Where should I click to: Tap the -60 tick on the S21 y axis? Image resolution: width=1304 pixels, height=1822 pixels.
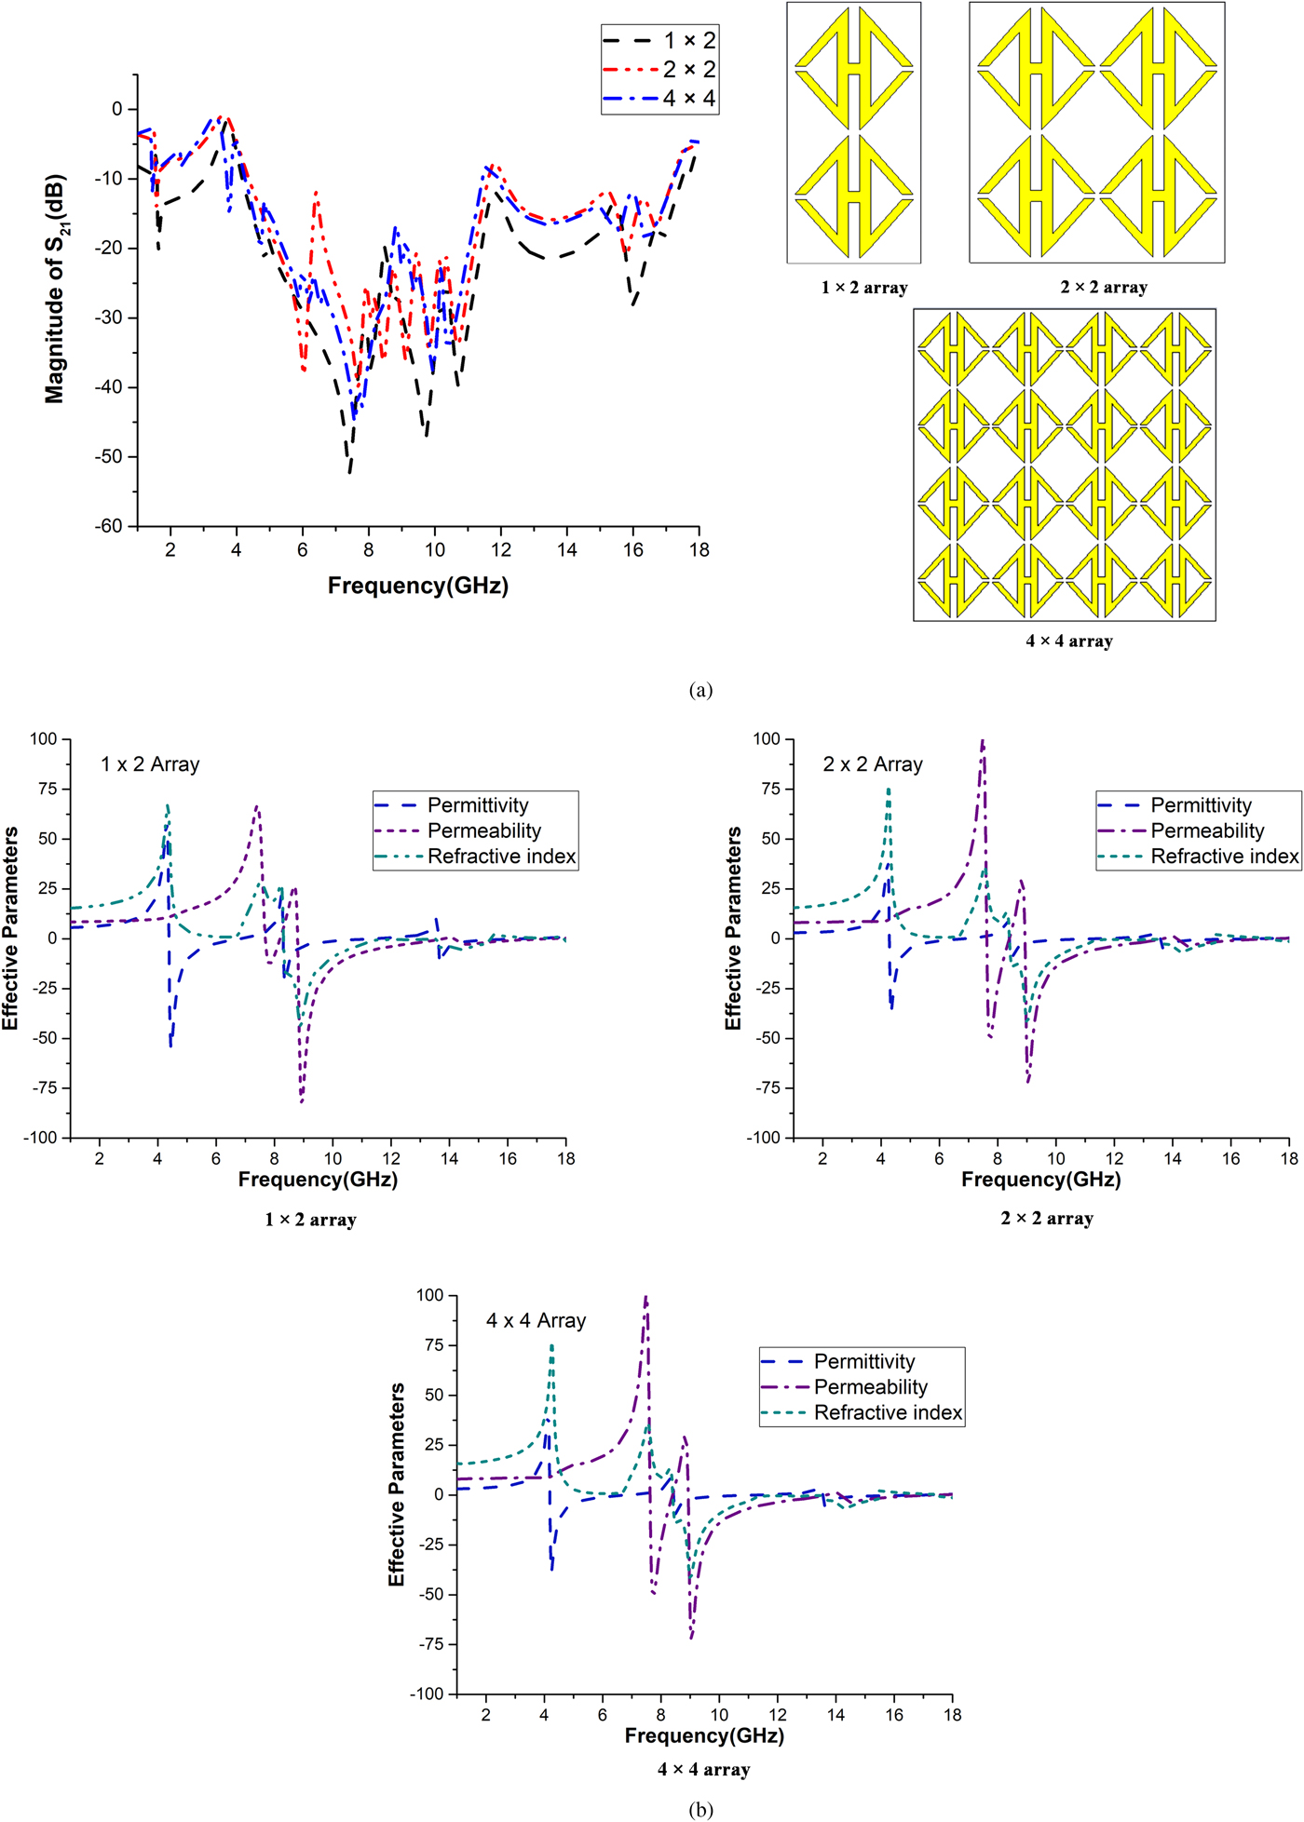[x=109, y=526]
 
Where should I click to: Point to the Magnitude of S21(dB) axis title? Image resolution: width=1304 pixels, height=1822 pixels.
[x=55, y=289]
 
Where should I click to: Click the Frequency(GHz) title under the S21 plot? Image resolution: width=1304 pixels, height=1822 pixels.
[x=417, y=586]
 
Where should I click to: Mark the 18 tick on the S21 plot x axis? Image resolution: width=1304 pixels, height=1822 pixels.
[x=699, y=550]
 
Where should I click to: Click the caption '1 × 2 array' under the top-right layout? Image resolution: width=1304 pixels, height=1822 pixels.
[x=863, y=288]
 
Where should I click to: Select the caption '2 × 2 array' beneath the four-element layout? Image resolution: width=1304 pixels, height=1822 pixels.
[x=1104, y=288]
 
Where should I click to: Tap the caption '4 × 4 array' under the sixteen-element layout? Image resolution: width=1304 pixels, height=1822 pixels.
[x=1069, y=641]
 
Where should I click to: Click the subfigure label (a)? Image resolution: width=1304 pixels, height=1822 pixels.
[x=700, y=690]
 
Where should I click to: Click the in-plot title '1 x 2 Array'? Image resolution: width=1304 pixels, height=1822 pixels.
[x=150, y=764]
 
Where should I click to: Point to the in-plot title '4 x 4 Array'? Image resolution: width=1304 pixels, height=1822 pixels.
[x=536, y=1321]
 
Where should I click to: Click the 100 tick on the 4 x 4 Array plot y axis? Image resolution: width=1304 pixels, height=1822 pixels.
[x=429, y=1295]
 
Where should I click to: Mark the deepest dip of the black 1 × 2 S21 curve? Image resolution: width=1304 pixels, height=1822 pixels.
[x=349, y=472]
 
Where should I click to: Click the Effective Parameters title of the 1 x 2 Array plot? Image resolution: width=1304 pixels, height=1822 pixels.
[x=10, y=928]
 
